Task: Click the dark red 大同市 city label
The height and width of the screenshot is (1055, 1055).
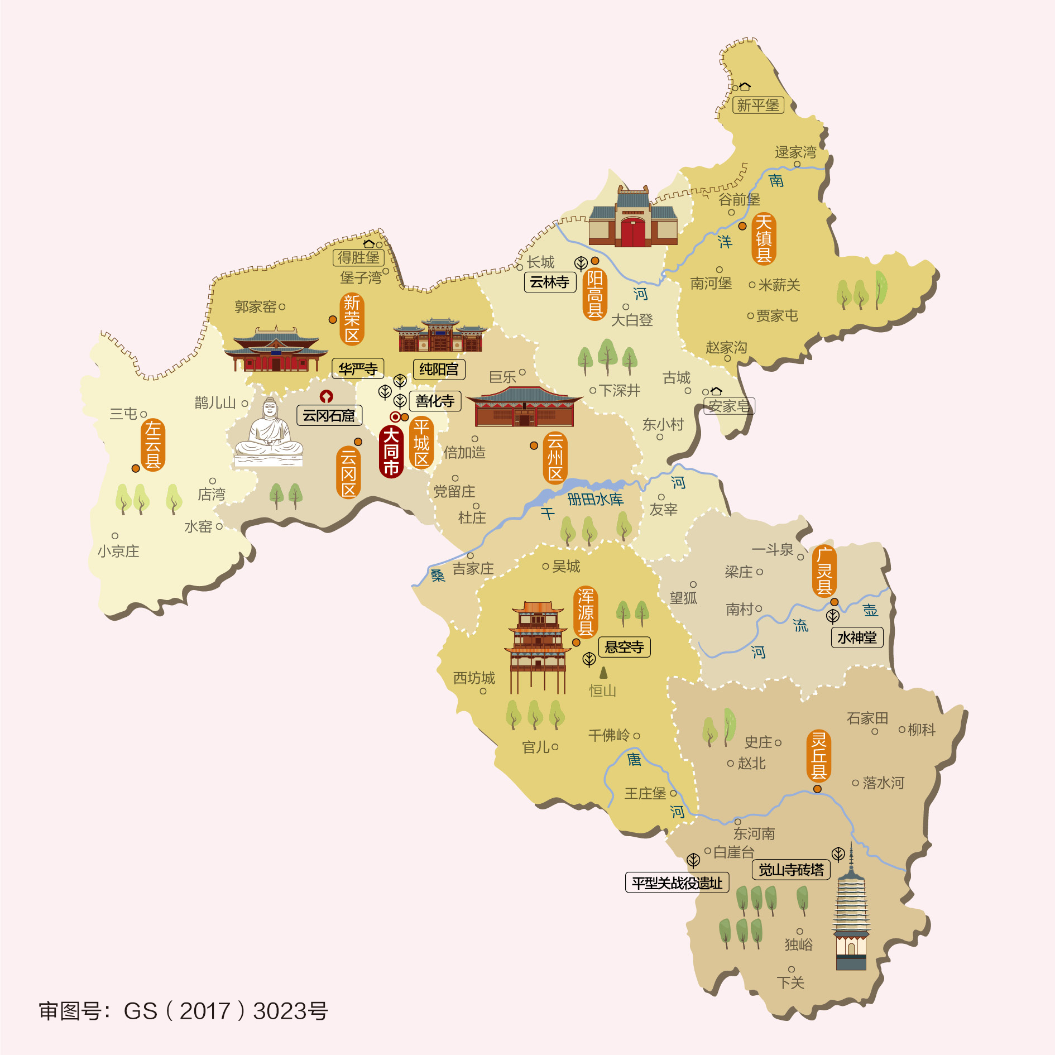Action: pos(391,452)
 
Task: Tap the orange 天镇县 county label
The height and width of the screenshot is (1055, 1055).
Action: pos(763,239)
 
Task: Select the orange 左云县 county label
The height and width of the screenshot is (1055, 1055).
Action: pos(152,445)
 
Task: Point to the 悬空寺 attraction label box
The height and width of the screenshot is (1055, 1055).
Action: pos(624,647)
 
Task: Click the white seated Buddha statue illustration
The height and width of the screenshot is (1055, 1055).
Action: pos(269,434)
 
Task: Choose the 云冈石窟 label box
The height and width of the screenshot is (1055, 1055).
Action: pos(329,415)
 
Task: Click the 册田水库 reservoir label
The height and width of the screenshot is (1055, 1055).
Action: pos(595,499)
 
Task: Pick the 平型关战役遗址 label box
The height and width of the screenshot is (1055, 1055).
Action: pos(677,883)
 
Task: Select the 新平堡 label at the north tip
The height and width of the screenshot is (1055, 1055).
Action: pos(757,105)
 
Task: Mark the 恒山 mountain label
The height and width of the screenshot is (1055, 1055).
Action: pos(603,690)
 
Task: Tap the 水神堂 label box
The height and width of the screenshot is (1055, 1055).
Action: pos(857,637)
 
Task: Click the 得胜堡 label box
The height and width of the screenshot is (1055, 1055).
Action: pos(358,257)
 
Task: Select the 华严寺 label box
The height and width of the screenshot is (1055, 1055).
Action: pos(358,368)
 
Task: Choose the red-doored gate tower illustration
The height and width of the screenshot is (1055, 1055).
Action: pos(633,219)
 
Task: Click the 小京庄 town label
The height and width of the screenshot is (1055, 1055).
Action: pos(118,551)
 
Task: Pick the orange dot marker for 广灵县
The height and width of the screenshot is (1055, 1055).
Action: pos(834,602)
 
